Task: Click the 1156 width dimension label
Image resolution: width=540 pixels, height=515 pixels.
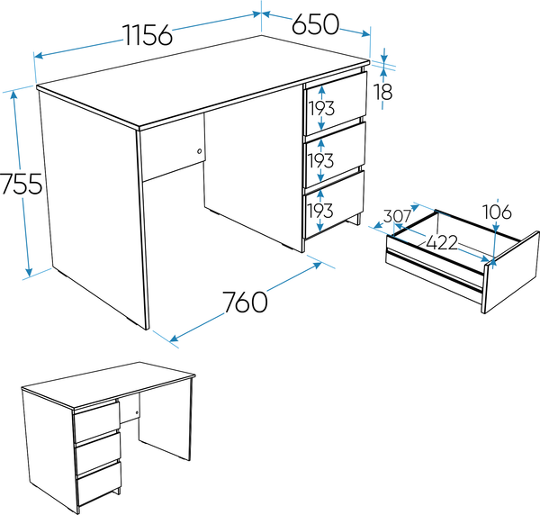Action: pyautogui.click(x=148, y=35)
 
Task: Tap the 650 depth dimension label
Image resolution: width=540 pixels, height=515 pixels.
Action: pyautogui.click(x=316, y=24)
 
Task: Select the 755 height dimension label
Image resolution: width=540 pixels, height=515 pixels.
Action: pyautogui.click(x=22, y=184)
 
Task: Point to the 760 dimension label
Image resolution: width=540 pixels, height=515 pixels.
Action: pyautogui.click(x=245, y=302)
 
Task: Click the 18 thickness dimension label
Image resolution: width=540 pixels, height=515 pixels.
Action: pyautogui.click(x=383, y=92)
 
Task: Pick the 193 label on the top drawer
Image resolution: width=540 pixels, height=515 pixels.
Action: pyautogui.click(x=321, y=108)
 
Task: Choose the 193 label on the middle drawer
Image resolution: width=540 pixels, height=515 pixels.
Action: pyautogui.click(x=320, y=160)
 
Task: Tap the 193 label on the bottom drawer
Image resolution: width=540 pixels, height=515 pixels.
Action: pyautogui.click(x=319, y=211)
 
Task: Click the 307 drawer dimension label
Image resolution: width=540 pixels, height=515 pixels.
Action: pyautogui.click(x=397, y=216)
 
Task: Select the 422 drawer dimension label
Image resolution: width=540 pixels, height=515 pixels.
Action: pyautogui.click(x=442, y=242)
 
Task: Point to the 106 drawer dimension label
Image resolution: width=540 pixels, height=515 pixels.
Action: pyautogui.click(x=497, y=212)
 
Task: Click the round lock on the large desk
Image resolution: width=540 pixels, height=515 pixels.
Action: pyautogui.click(x=200, y=151)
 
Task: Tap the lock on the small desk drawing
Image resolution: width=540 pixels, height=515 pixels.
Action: pyautogui.click(x=137, y=412)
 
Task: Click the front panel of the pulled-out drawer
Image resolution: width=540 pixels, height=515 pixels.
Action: pyautogui.click(x=510, y=272)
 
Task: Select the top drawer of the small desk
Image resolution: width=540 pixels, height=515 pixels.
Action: pyautogui.click(x=97, y=421)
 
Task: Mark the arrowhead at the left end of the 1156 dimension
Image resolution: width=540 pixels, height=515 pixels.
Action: pyautogui.click(x=39, y=56)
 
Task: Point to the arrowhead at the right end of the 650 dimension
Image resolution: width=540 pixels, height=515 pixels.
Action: pyautogui.click(x=365, y=33)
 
